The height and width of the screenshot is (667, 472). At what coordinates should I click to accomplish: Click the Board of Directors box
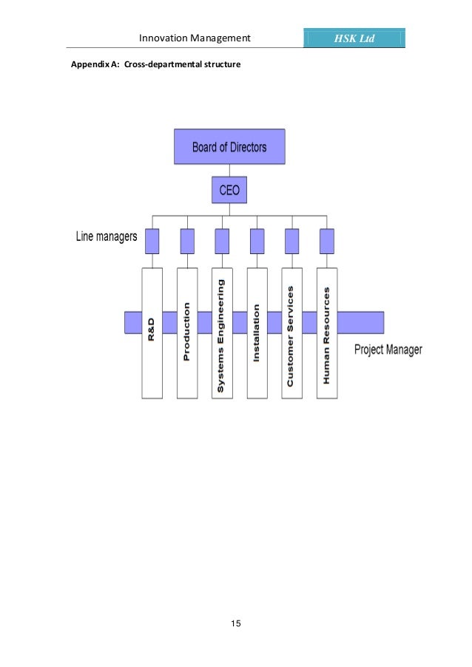coord(229,147)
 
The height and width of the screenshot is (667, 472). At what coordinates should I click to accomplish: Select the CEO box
coord(229,190)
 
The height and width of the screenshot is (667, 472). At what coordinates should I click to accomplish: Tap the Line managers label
coord(107,237)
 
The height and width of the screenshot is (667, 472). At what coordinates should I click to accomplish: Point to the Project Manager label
coord(388,349)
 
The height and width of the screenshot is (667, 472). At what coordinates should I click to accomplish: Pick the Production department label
coord(187,331)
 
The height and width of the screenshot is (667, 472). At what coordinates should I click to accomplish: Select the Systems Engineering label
coord(221,334)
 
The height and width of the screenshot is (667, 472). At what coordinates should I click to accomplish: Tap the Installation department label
coord(257,332)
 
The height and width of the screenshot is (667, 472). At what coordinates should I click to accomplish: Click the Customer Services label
coord(291,336)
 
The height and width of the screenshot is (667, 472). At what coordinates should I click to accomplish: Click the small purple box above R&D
coord(152,241)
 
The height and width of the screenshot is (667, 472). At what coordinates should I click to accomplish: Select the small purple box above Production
coord(187,241)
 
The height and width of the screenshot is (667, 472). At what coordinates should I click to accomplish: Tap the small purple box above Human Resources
coord(327,241)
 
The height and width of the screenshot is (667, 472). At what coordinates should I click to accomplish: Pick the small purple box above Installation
coord(257,241)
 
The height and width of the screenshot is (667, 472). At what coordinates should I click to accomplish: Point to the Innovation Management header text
coord(195,38)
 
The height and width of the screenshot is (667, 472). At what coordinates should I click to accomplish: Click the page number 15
coord(235,625)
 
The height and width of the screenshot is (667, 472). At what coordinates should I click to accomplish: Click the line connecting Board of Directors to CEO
coord(229,170)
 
